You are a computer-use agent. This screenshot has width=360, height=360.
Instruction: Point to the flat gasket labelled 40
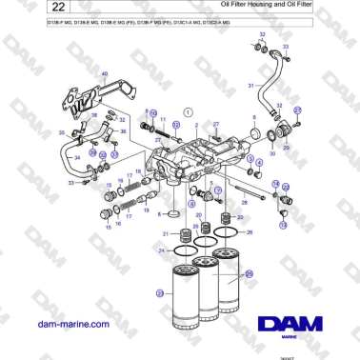coord(92,95)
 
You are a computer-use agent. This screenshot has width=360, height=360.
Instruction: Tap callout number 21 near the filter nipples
coord(163,233)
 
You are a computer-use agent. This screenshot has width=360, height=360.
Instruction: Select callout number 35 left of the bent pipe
coord(62,134)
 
